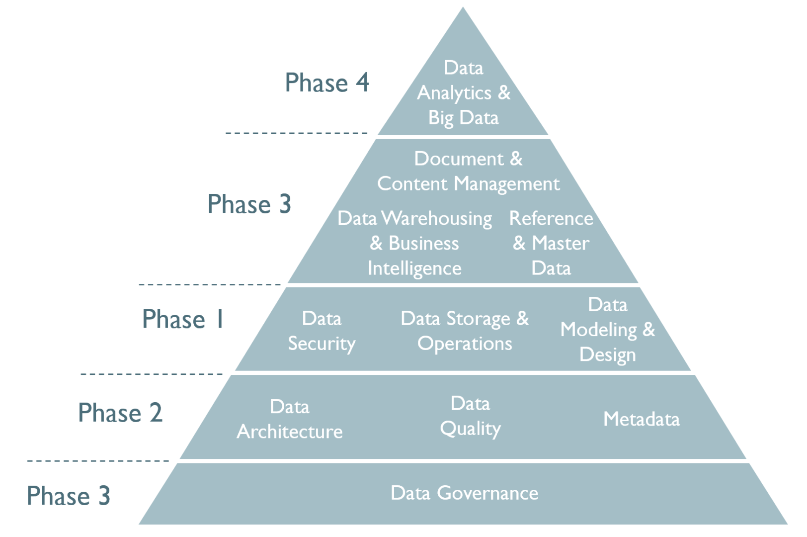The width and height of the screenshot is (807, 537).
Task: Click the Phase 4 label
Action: (x=326, y=83)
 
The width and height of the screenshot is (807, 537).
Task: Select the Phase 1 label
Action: (x=183, y=319)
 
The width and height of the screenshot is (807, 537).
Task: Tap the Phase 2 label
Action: (x=120, y=413)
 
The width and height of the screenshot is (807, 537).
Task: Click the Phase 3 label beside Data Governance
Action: (x=69, y=496)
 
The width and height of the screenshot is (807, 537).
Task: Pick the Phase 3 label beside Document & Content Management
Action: (x=249, y=204)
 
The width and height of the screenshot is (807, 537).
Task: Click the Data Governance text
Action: (x=464, y=493)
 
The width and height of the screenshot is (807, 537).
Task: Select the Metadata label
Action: (x=641, y=419)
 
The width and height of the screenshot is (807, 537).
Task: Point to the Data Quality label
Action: (x=470, y=416)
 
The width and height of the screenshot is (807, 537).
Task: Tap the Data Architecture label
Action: (x=290, y=419)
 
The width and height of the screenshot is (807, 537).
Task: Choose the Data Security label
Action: (x=322, y=331)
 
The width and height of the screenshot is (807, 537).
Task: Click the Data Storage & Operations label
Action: (x=465, y=331)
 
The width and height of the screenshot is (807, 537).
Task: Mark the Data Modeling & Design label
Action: (x=607, y=330)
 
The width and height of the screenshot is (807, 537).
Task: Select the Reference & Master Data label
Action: (x=551, y=243)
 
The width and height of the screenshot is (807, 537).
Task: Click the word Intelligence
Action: (x=414, y=268)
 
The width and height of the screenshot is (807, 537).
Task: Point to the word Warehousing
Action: (x=437, y=218)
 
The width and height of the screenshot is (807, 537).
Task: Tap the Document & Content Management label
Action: (x=468, y=172)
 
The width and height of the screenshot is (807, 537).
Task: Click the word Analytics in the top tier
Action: (x=454, y=93)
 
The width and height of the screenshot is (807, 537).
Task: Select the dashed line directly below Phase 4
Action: (x=296, y=133)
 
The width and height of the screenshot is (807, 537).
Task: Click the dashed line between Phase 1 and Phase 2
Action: (x=152, y=374)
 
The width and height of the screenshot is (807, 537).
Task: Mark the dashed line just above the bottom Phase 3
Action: (x=98, y=461)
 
